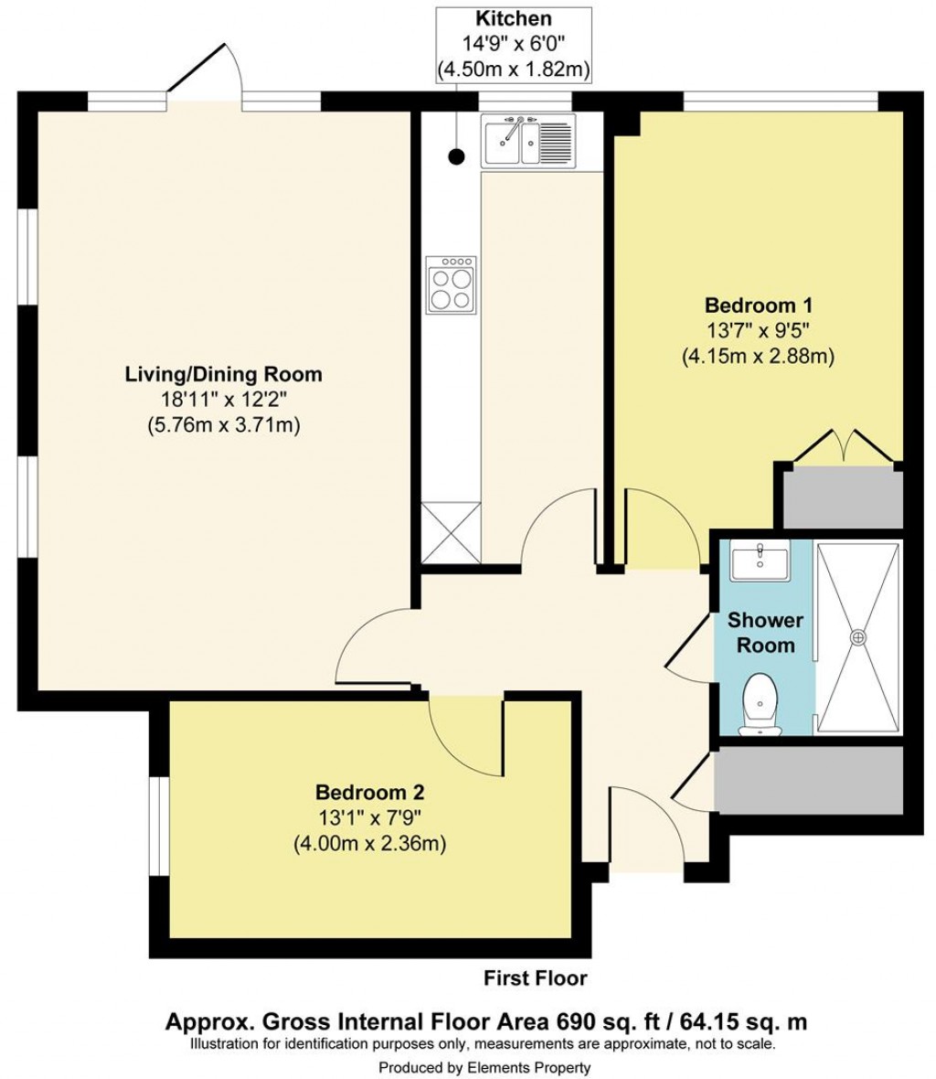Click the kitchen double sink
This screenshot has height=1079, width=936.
coord(529,142)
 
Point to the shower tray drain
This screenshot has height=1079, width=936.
coord(858,637)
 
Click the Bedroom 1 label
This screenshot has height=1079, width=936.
coord(758,305)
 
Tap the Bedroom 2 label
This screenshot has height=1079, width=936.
coord(369,792)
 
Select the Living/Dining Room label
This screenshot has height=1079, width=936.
coord(223,374)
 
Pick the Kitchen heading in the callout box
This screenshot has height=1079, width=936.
coord(513,17)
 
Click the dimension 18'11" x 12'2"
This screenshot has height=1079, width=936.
coord(223,400)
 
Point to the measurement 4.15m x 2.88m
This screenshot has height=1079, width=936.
coord(758,357)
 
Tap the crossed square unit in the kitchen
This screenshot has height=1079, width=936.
coord(451,533)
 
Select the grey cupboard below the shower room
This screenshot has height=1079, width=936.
coord(808,780)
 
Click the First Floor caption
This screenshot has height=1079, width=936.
coord(535,978)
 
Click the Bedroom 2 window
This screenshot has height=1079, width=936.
coord(157,826)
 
